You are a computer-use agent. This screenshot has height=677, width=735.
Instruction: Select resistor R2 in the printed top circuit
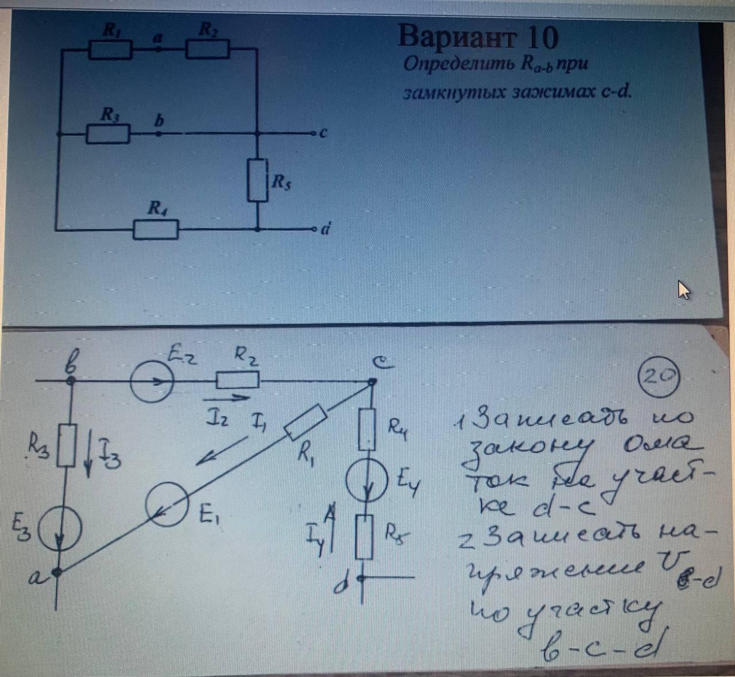[207, 49]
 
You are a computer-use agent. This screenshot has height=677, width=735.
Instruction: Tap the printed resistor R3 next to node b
[108, 134]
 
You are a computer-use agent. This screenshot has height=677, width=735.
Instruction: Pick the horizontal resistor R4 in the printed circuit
[156, 230]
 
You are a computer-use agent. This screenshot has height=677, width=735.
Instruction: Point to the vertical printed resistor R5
[258, 180]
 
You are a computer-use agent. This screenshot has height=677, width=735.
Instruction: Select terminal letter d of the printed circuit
[325, 230]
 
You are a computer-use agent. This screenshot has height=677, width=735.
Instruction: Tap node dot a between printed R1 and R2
[159, 49]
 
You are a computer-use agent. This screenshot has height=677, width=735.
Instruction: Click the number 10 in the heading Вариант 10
[540, 37]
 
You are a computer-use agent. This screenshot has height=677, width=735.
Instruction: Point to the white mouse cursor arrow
[683, 290]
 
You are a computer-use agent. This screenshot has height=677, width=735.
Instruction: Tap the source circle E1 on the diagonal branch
[167, 504]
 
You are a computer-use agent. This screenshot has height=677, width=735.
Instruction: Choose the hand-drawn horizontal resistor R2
[237, 380]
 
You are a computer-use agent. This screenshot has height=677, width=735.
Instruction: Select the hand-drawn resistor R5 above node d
[364, 537]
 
